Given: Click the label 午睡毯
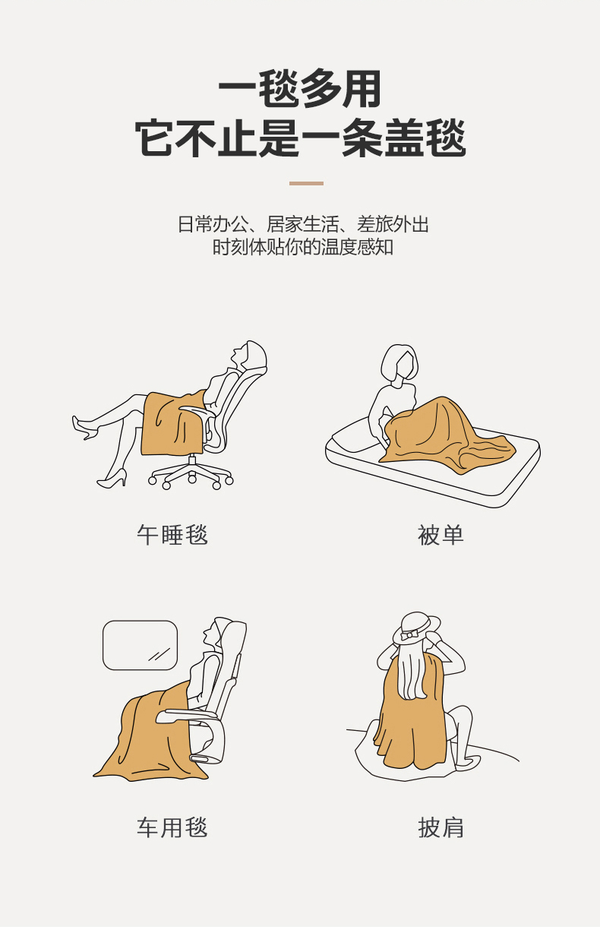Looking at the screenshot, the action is tap(172, 535).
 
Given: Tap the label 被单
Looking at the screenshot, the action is tap(441, 535).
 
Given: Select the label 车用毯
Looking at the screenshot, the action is tap(172, 827).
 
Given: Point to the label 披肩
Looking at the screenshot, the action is tap(441, 827).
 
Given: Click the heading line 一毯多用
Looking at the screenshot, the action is tap(299, 89).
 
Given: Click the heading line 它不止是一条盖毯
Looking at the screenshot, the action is tap(299, 138).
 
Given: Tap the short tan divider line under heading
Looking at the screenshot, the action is tap(306, 183).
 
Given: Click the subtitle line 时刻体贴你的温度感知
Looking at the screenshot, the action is tap(303, 247).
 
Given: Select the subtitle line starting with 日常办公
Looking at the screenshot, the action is tap(303, 224).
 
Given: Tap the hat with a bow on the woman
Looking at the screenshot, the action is tap(415, 628).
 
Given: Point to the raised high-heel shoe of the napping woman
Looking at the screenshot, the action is tap(85, 428).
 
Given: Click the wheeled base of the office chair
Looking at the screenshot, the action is tap(191, 474).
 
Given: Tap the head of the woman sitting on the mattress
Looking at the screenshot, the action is tap(399, 362).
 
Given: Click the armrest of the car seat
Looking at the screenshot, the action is tap(188, 716).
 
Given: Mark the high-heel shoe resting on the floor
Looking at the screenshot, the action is tap(112, 479).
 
